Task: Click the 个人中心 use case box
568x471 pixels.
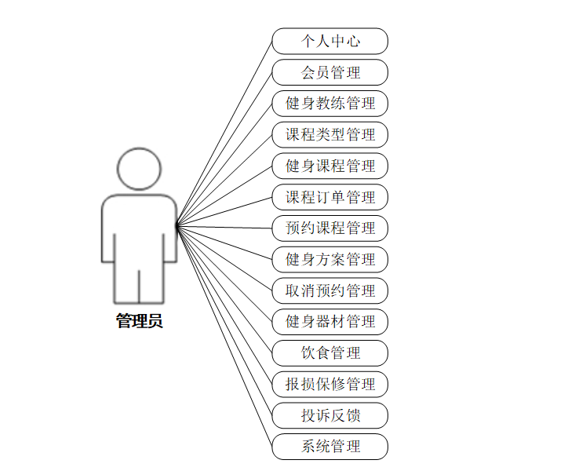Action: coord(330,41)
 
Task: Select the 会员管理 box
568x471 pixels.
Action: coord(330,72)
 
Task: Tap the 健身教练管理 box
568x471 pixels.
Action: coord(330,103)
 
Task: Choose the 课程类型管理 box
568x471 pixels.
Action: coord(330,134)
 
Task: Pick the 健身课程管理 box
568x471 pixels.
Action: coord(330,166)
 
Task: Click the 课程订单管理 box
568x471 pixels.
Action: coord(330,197)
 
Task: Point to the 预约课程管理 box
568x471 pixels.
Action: coord(330,228)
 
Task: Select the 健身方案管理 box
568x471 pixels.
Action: coord(330,259)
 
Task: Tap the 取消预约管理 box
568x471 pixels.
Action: coord(330,290)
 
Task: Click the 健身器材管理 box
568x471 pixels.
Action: coord(330,321)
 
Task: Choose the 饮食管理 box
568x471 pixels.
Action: coord(330,352)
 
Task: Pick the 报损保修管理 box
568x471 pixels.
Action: coord(330,384)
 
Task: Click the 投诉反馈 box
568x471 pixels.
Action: coord(330,414)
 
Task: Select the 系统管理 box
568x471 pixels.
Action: coord(330,446)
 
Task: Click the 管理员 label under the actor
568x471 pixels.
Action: coord(139,321)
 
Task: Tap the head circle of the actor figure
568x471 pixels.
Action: coord(139,170)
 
